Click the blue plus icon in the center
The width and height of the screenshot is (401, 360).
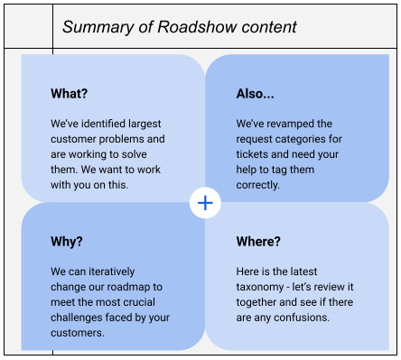point(206,204)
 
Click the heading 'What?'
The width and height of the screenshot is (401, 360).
point(70,94)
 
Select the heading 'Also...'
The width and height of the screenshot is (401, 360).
point(255,94)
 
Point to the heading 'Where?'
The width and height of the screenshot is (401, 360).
point(258,242)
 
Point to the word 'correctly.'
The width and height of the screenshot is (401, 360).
point(258,185)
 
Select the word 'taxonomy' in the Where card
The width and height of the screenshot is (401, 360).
point(264,287)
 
